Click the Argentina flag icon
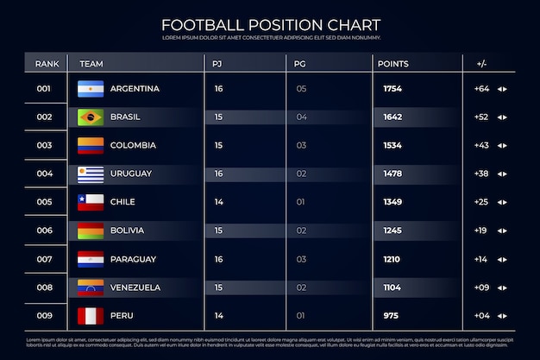pyautogui.click(x=91, y=89)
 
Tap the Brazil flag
pyautogui.click(x=91, y=117)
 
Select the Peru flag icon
pyautogui.click(x=91, y=316)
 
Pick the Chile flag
pyautogui.click(x=91, y=202)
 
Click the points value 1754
pyautogui.click(x=392, y=89)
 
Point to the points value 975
pyautogui.click(x=391, y=316)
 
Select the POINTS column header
pyautogui.click(x=392, y=64)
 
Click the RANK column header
pyautogui.click(x=46, y=64)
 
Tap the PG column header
pyautogui.click(x=300, y=64)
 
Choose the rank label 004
pyautogui.click(x=44, y=174)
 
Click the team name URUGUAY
pyautogui.click(x=131, y=174)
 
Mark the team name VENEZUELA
pyautogui.click(x=135, y=287)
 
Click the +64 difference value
pyautogui.click(x=481, y=89)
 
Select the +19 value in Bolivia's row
pyautogui.click(x=480, y=231)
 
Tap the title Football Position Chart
pyautogui.click(x=270, y=24)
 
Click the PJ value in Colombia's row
pyautogui.click(x=218, y=145)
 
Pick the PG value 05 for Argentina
pyautogui.click(x=301, y=89)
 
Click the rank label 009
pyautogui.click(x=44, y=316)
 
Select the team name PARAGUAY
pyautogui.click(x=134, y=259)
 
